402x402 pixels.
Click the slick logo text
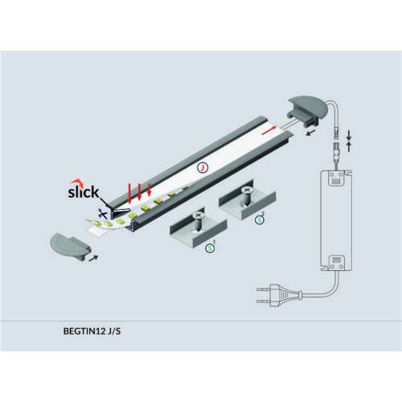point(84,192)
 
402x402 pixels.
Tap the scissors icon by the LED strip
point(103,214)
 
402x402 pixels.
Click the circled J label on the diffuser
point(203,167)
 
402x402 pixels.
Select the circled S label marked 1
point(210,248)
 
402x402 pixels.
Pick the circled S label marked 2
point(260,220)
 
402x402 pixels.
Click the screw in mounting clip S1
point(199,220)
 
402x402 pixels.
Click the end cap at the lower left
point(70,246)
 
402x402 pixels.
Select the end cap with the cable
point(308,111)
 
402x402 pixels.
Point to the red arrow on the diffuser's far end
point(269,130)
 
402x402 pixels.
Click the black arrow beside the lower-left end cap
point(93,258)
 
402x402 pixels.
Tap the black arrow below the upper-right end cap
point(311,132)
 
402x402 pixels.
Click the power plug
point(279,295)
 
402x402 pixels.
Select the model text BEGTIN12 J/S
point(92,331)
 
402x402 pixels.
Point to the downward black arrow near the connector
point(349,136)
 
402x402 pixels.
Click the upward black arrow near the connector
point(349,147)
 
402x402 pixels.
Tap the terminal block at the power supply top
point(336,178)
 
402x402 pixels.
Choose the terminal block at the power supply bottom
point(336,263)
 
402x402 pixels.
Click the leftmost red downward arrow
point(129,194)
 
